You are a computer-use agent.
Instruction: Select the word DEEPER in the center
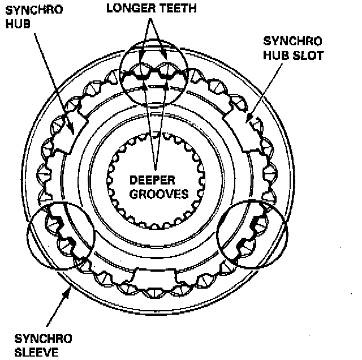(152, 181)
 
